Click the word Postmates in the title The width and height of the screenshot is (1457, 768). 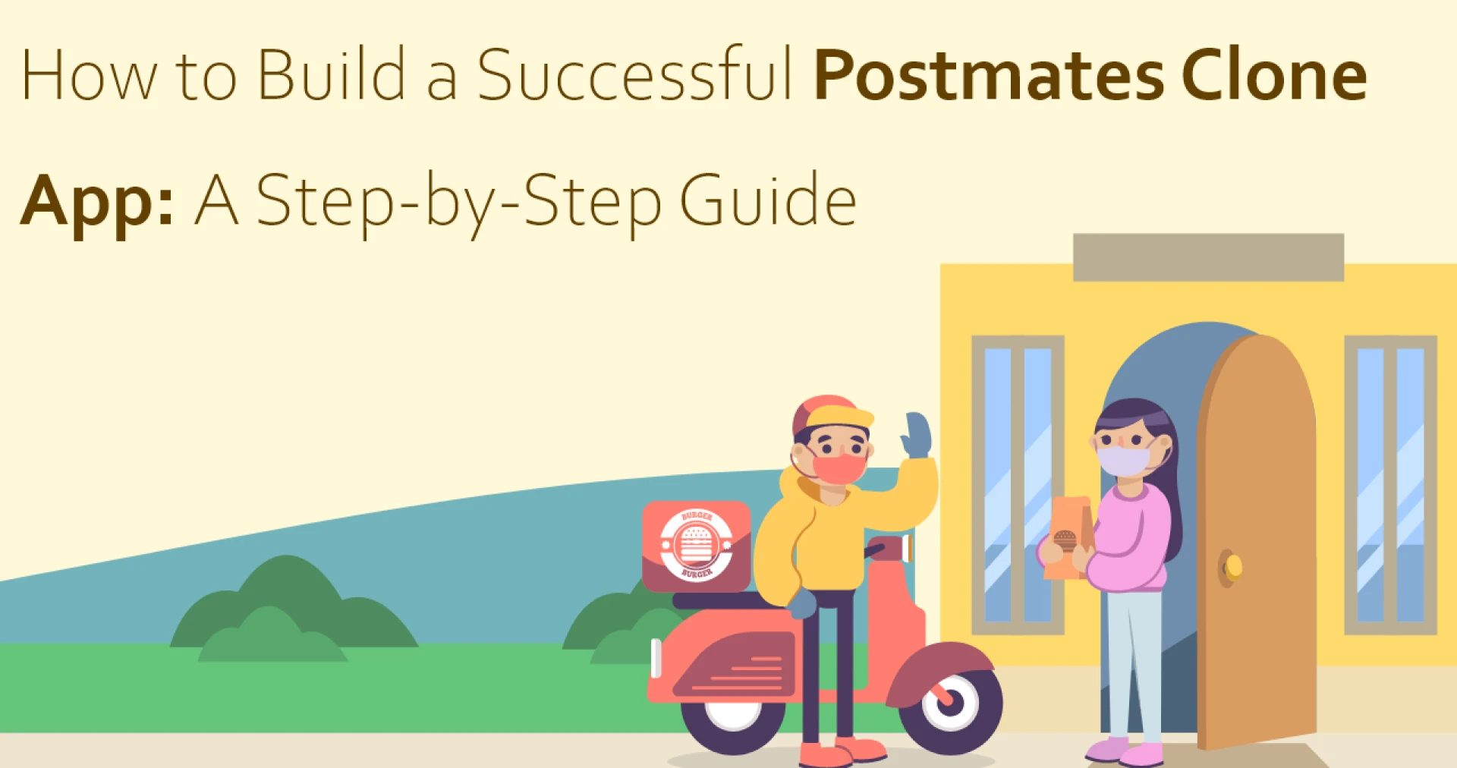[989, 75]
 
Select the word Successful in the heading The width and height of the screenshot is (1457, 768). [634, 75]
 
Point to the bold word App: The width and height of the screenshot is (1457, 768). [97, 202]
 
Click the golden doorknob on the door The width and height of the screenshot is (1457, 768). [1233, 566]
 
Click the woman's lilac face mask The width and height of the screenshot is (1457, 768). [1123, 460]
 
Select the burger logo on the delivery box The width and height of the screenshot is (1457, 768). [696, 545]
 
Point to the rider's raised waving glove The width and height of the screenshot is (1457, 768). [917, 435]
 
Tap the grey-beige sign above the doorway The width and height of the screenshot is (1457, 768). [1208, 257]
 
